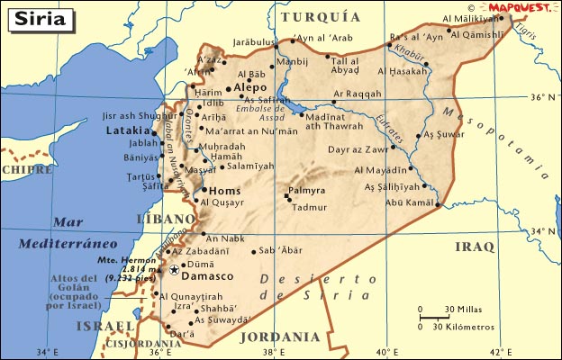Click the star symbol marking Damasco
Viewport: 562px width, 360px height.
click(x=173, y=269)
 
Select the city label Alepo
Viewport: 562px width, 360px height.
click(x=250, y=88)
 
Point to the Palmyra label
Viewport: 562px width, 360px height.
click(x=306, y=191)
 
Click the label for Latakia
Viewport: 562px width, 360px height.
click(x=126, y=130)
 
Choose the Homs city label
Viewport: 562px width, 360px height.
click(x=222, y=190)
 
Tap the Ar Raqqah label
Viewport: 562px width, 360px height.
click(x=358, y=93)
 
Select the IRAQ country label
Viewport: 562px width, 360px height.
click(x=475, y=246)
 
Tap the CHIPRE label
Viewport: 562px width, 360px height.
click(x=27, y=168)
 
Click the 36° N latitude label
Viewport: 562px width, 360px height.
click(x=542, y=96)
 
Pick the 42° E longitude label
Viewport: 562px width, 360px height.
click(x=501, y=351)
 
